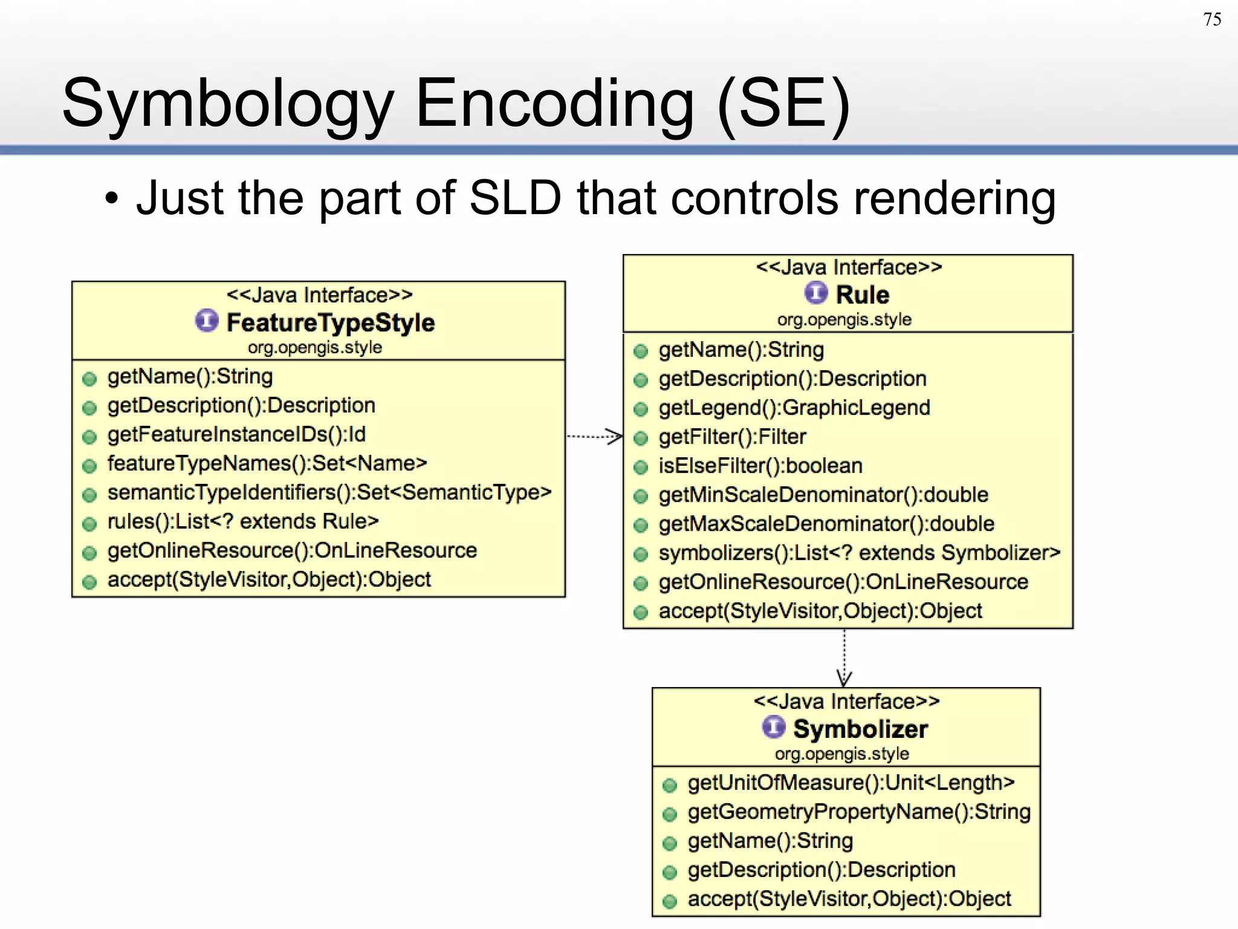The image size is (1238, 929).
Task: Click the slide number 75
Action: click(x=1212, y=19)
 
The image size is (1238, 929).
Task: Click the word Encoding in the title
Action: click(x=554, y=104)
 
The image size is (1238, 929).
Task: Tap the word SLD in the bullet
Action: click(x=515, y=198)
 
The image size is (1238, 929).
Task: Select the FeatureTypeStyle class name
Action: click(x=330, y=322)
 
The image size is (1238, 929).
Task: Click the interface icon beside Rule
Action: click(x=815, y=293)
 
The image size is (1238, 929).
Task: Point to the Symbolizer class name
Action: click(x=860, y=729)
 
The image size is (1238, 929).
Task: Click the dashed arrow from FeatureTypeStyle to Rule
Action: click(x=594, y=436)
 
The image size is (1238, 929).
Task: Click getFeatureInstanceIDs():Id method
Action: click(x=236, y=434)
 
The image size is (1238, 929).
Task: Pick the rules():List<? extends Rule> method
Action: click(x=243, y=521)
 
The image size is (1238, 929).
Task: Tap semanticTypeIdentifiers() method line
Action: click(x=329, y=492)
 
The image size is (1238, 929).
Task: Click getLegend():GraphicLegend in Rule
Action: click(x=794, y=408)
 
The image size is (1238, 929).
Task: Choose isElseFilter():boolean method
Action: click(x=760, y=466)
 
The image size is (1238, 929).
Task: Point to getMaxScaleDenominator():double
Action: click(x=826, y=524)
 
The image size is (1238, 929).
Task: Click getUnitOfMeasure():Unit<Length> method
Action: click(x=851, y=783)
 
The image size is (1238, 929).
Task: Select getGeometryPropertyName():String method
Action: click(x=859, y=812)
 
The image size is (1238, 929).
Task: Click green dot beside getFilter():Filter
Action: click(x=641, y=438)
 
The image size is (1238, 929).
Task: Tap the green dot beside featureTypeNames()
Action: click(x=89, y=466)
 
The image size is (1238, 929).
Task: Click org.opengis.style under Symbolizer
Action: click(x=842, y=754)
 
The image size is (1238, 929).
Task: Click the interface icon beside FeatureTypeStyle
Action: click(x=206, y=321)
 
